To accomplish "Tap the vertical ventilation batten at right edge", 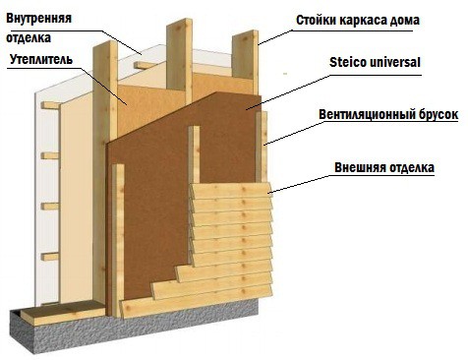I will click(x=263, y=148).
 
